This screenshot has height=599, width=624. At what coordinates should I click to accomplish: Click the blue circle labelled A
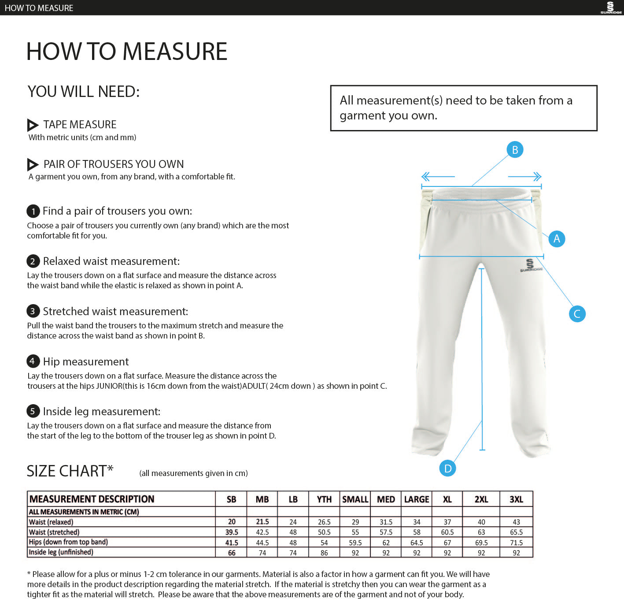click(557, 239)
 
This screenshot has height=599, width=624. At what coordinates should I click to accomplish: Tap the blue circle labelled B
click(515, 150)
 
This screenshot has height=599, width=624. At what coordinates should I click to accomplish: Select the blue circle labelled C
click(577, 314)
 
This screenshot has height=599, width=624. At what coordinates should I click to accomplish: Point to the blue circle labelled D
click(447, 468)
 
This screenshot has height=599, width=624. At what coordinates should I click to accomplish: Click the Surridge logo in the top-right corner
click(610, 7)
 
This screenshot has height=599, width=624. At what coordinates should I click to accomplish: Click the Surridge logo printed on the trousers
click(530, 265)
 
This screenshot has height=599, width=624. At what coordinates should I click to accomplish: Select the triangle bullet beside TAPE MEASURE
click(33, 125)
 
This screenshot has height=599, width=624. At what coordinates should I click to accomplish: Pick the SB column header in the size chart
click(231, 499)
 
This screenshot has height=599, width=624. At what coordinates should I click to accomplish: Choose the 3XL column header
click(516, 499)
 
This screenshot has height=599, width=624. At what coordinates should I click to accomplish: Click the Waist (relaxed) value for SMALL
click(355, 522)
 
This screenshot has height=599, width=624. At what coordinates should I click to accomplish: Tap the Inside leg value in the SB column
click(232, 553)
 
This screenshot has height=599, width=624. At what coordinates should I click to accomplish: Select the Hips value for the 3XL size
click(516, 543)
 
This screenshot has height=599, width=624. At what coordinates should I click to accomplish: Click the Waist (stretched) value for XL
click(447, 532)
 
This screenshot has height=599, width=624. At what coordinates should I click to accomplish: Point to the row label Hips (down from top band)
click(68, 542)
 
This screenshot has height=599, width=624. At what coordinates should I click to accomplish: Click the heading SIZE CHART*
click(70, 471)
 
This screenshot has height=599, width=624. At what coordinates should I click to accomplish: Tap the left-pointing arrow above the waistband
click(437, 177)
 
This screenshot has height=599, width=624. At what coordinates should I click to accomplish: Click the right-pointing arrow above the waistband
click(525, 177)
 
